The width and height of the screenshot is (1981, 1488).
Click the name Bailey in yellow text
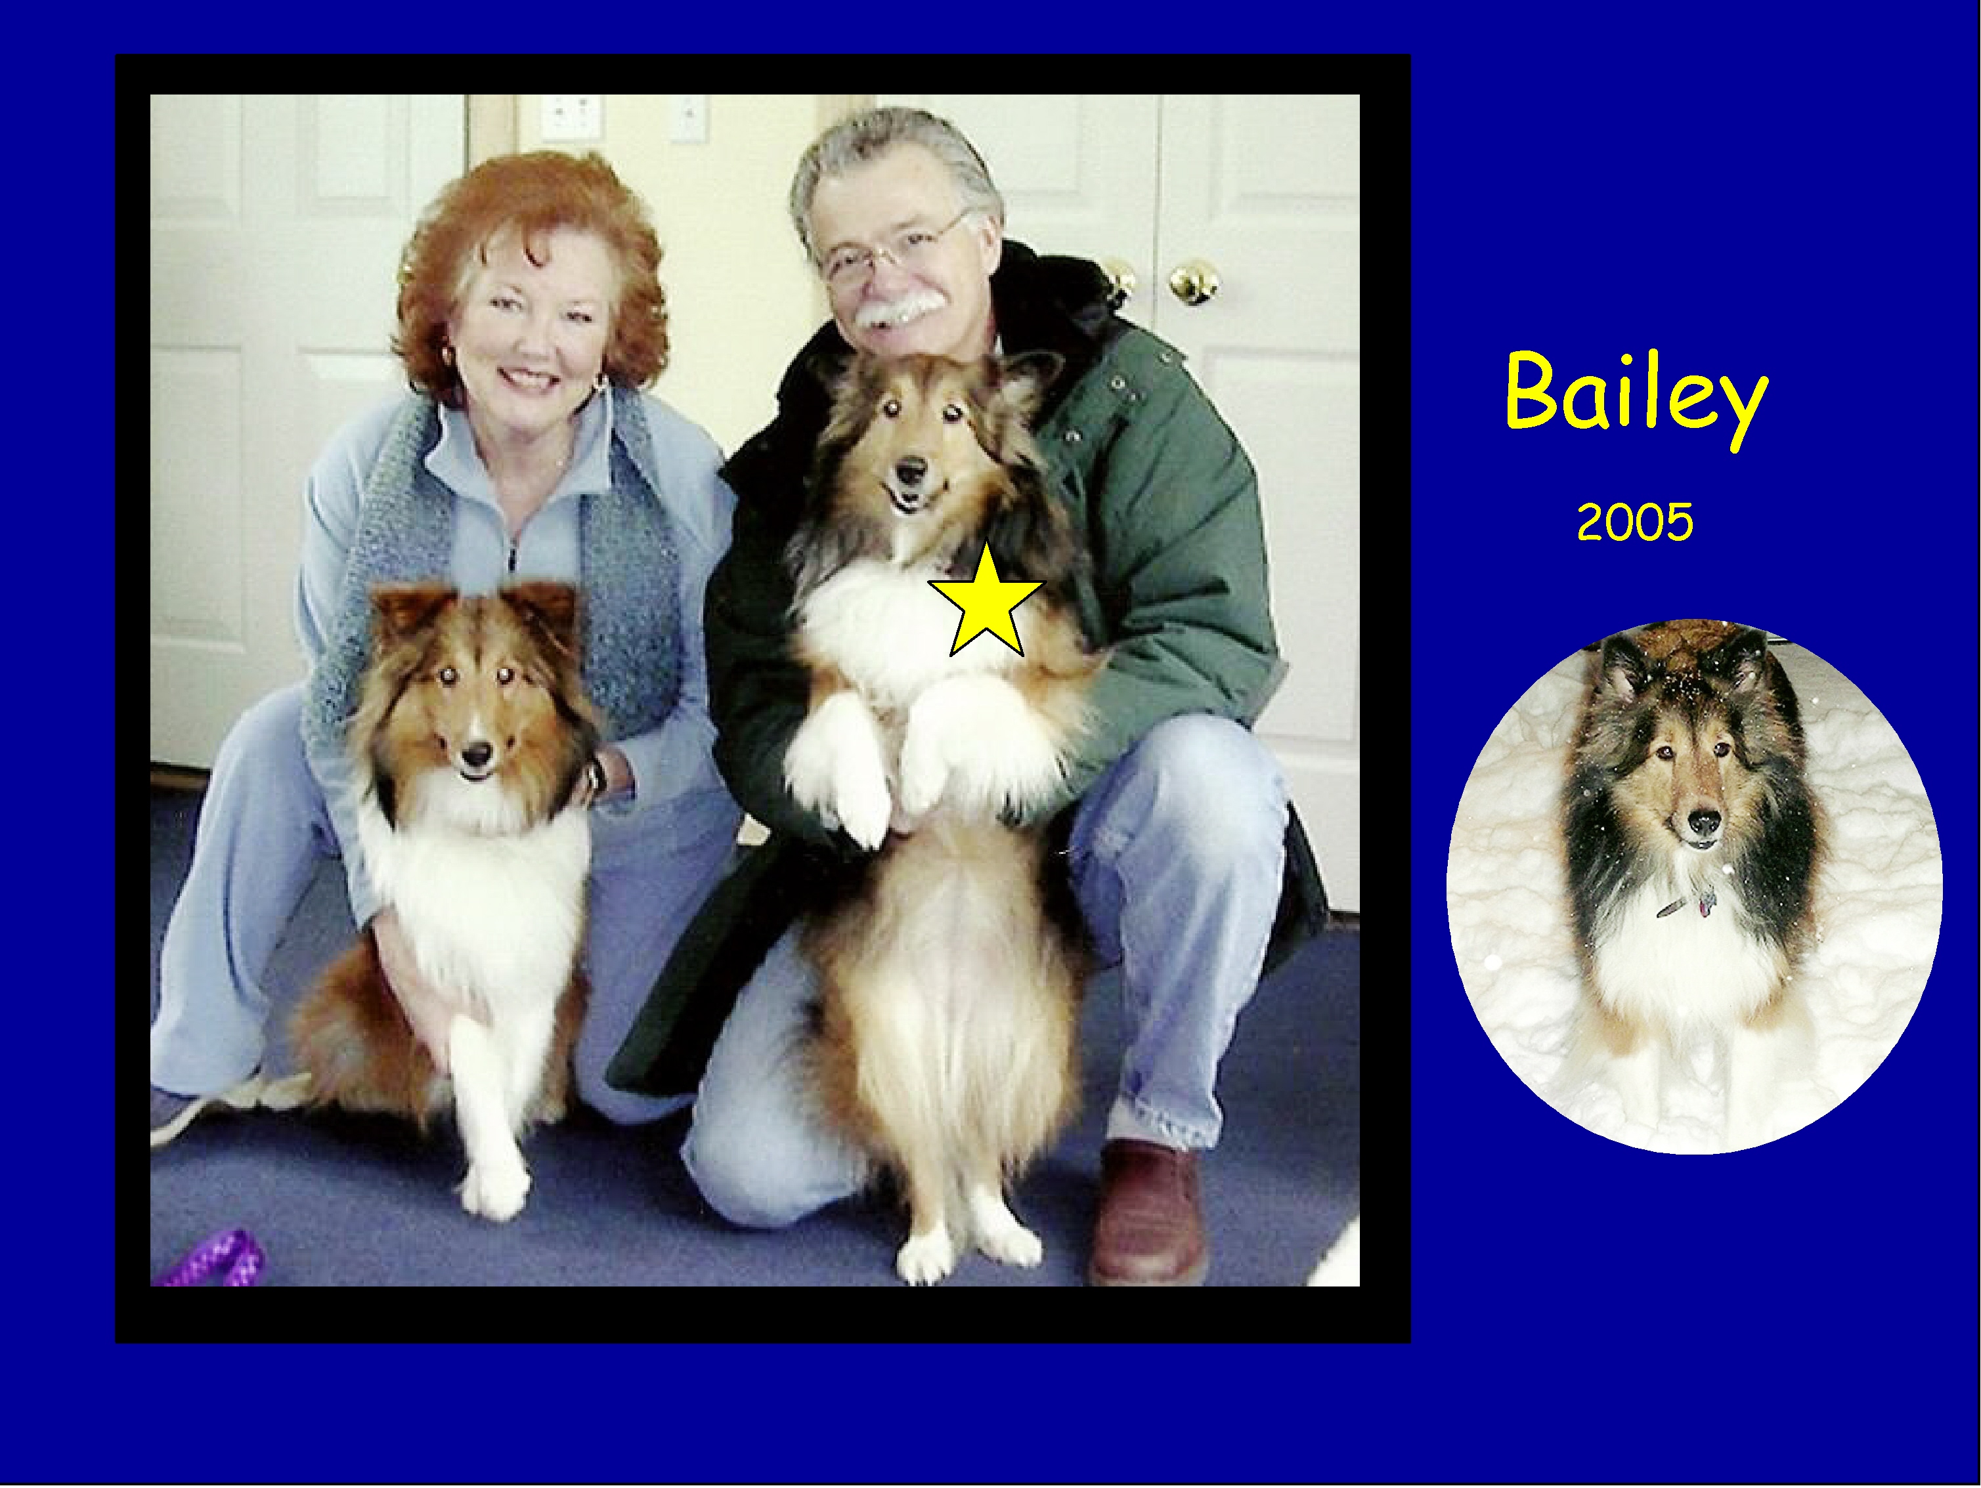click(x=1636, y=396)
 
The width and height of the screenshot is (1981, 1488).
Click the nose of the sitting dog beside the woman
click(x=477, y=755)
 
